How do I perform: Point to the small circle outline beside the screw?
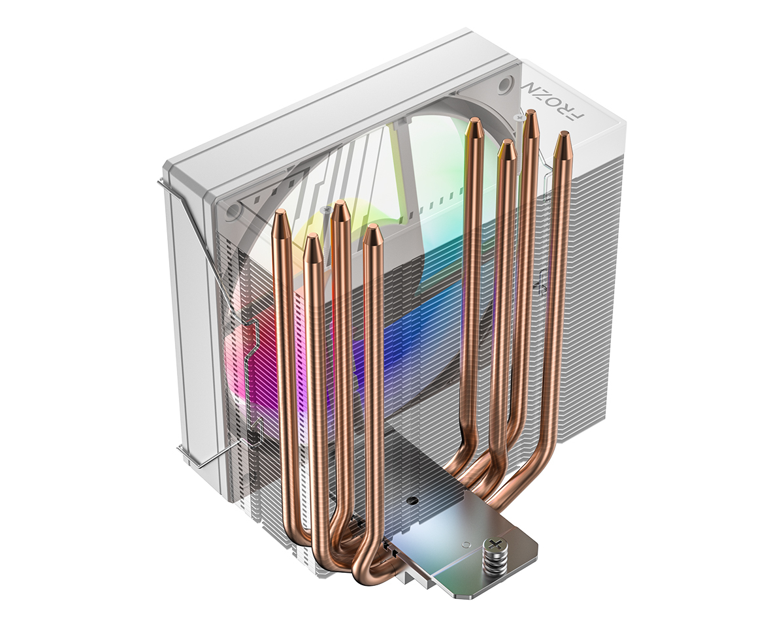(x=466, y=543)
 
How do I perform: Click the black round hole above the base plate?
(x=412, y=502)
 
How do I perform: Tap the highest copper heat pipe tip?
(x=531, y=118)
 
